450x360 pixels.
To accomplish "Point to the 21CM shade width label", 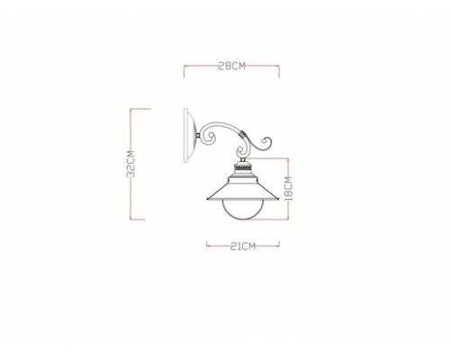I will (x=241, y=245).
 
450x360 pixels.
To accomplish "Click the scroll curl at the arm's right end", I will (x=266, y=142).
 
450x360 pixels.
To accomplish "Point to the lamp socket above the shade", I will (x=241, y=167).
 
